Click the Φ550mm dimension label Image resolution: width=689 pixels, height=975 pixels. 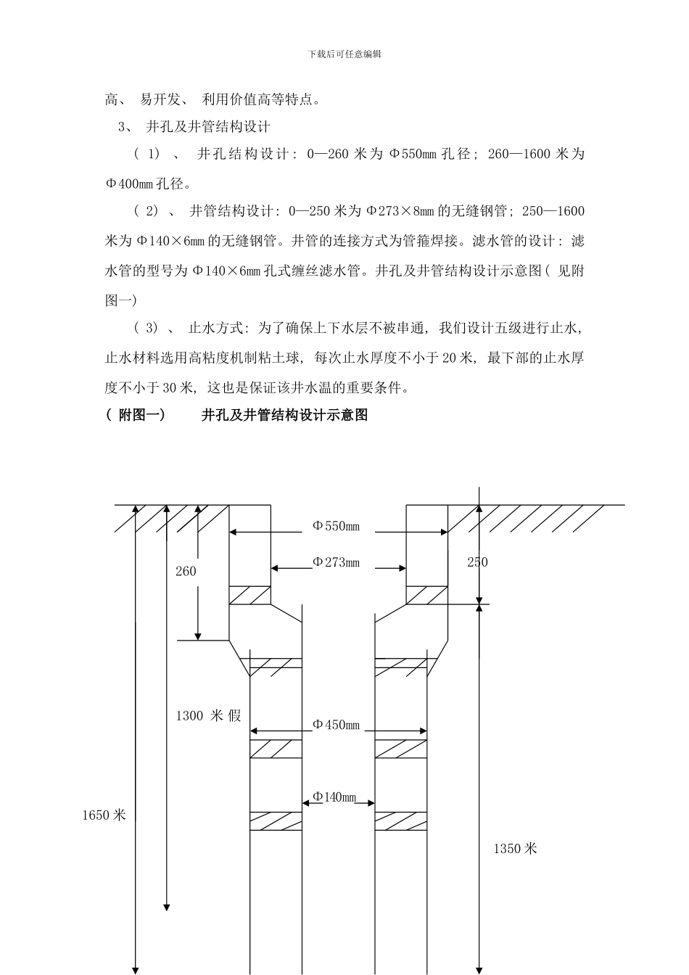click(x=336, y=526)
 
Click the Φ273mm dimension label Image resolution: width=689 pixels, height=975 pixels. click(x=336, y=562)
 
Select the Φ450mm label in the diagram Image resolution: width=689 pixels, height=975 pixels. click(x=336, y=725)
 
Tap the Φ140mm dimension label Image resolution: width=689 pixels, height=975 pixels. click(x=334, y=797)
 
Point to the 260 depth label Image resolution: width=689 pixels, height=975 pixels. click(x=186, y=572)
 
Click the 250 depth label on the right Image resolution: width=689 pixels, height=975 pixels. click(x=477, y=562)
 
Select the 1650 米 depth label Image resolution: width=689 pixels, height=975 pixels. click(x=104, y=815)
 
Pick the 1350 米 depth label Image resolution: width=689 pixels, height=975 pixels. click(x=515, y=848)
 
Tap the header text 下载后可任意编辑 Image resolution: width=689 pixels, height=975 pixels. click(x=344, y=54)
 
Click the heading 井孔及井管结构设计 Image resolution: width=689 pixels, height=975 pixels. click(x=208, y=127)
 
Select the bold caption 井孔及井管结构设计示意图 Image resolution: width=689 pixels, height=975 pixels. click(x=284, y=415)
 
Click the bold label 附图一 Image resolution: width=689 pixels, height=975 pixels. click(x=141, y=415)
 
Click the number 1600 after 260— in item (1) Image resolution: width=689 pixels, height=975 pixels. click(x=533, y=154)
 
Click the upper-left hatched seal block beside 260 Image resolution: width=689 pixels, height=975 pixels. click(x=250, y=595)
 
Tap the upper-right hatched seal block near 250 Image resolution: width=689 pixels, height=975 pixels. click(x=426, y=595)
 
